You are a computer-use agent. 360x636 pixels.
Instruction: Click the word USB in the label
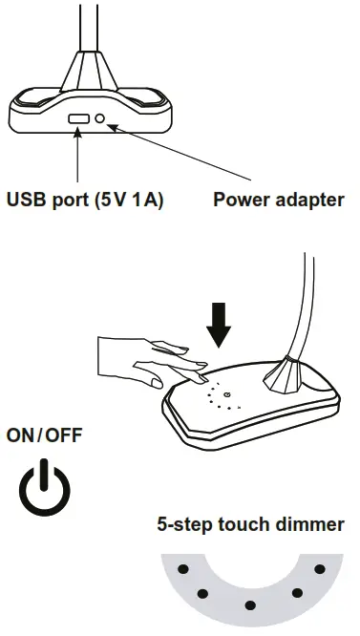pos(27,201)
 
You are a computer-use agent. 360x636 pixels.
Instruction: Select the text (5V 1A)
pos(130,201)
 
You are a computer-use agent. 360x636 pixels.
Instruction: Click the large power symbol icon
pos(45,486)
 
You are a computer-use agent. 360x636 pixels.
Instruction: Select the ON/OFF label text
pos(44,435)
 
